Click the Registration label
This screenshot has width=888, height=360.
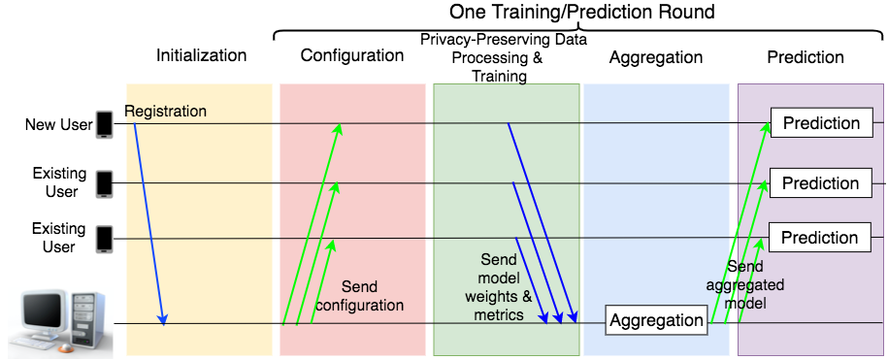[166, 111]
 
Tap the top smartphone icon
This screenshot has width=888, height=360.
[104, 125]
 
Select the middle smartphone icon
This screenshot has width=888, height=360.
[104, 183]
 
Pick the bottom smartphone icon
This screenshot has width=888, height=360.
[104, 239]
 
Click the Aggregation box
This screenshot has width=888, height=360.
[656, 320]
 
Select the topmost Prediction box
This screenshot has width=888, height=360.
[821, 123]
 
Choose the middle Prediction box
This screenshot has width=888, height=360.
[820, 183]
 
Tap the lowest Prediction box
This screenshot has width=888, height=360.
[820, 238]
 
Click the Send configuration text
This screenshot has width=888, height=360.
[358, 296]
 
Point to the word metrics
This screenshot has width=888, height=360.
[500, 315]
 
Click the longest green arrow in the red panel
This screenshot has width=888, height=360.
[310, 224]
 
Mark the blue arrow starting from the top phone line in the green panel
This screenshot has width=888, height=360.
[542, 222]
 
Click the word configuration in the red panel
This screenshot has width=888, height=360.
[358, 305]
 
